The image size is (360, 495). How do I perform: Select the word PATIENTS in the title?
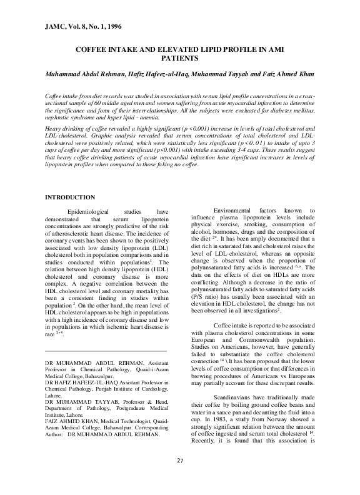(x=179, y=58)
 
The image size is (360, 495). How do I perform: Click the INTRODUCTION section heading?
(x=70, y=197)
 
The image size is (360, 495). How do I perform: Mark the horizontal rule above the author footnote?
(x=106, y=352)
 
